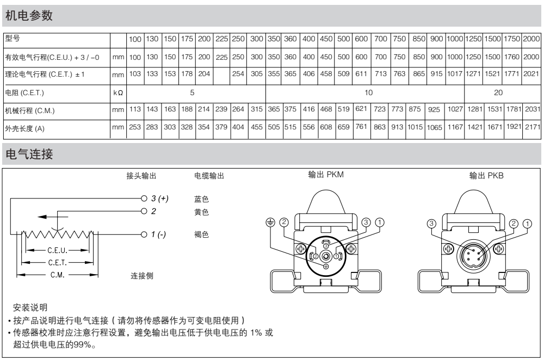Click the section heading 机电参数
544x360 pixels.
(x=29, y=16)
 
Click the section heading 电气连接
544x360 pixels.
(x=29, y=156)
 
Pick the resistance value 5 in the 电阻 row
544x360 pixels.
(x=192, y=92)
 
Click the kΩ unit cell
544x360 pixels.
(x=118, y=93)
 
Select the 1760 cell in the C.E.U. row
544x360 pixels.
(x=511, y=57)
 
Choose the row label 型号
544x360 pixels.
(x=12, y=39)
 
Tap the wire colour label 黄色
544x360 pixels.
(x=201, y=212)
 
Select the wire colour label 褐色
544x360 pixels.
(x=201, y=234)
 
